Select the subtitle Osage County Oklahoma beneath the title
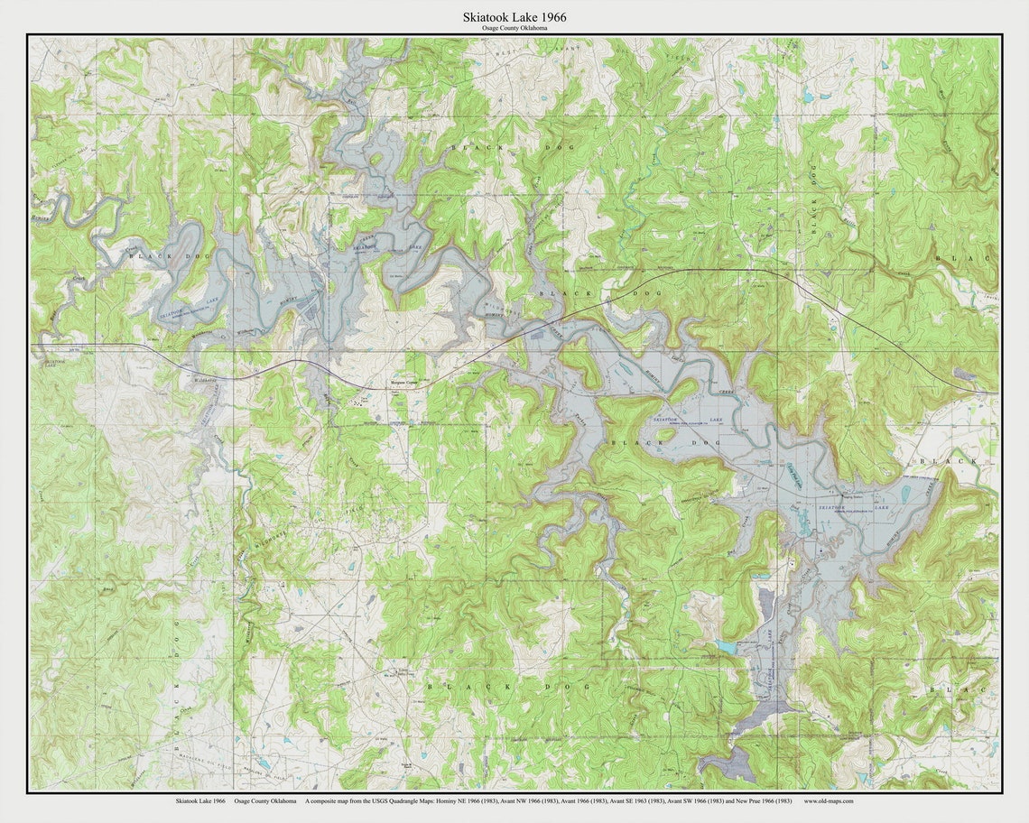(x=514, y=29)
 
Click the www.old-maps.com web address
(x=829, y=800)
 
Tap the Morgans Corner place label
(x=404, y=383)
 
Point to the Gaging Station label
(x=852, y=495)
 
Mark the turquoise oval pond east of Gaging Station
(x=905, y=494)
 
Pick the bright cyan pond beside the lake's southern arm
(x=727, y=646)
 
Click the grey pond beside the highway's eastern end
(x=963, y=375)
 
